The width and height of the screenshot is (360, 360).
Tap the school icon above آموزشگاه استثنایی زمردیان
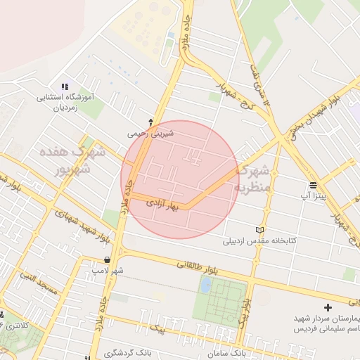click(65, 86)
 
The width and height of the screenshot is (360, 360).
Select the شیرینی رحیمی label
click(150, 132)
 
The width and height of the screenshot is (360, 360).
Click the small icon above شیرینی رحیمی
click(150, 121)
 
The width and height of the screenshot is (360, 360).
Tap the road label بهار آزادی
click(164, 205)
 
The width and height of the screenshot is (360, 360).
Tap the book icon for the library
click(261, 229)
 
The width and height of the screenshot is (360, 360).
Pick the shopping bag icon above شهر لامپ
click(106, 259)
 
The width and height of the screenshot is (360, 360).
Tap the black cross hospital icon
click(328, 307)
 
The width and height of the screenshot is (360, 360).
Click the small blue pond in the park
click(205, 285)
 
